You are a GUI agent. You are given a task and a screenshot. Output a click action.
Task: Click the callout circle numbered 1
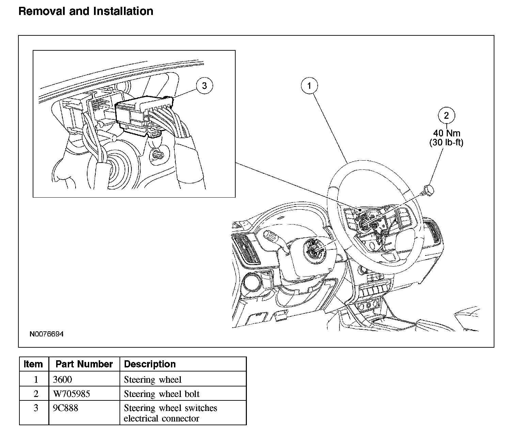click(x=309, y=86)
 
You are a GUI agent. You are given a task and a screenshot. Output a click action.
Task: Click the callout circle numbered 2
click(x=446, y=116)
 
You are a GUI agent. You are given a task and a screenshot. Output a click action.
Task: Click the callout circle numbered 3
click(x=204, y=86)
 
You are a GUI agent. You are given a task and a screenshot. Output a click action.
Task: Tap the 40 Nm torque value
click(x=446, y=133)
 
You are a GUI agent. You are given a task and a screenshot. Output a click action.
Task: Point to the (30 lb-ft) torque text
click(x=446, y=143)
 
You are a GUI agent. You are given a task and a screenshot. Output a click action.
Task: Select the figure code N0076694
click(x=46, y=334)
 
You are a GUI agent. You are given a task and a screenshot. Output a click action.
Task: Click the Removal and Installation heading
click(x=86, y=11)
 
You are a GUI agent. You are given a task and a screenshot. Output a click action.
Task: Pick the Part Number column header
click(x=84, y=364)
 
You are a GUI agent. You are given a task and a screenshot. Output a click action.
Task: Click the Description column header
click(x=150, y=364)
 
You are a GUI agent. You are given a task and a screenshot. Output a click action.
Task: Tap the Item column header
click(x=33, y=364)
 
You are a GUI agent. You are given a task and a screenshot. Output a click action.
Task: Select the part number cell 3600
click(x=63, y=379)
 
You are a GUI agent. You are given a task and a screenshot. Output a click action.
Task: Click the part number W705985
click(x=72, y=394)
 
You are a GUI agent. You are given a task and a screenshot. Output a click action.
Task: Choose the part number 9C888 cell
click(x=66, y=408)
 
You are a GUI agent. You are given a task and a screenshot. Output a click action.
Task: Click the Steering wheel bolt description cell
click(x=162, y=394)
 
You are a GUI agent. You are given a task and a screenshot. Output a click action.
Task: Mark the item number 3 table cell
click(x=36, y=408)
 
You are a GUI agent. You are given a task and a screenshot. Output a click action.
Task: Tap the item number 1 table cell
click(x=36, y=379)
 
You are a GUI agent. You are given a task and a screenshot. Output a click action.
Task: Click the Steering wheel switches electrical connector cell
click(x=170, y=413)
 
